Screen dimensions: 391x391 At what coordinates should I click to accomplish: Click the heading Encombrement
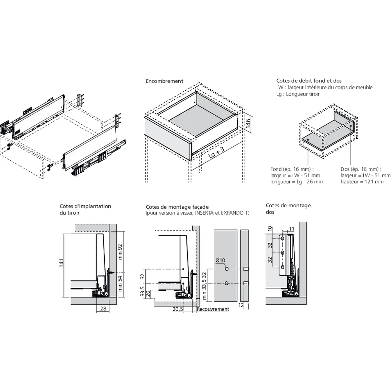click(x=164, y=81)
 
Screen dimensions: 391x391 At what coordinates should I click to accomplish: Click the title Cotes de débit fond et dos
click(x=303, y=81)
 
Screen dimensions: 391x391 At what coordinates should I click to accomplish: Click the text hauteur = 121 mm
click(x=362, y=182)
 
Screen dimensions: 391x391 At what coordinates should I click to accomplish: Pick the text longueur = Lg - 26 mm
click(x=296, y=182)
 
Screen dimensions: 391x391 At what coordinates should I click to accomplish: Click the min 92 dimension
click(x=120, y=252)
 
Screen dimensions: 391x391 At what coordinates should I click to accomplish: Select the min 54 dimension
click(x=120, y=283)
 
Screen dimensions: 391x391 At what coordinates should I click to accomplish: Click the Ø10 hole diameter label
click(x=220, y=261)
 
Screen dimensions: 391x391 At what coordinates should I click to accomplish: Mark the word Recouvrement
click(x=213, y=309)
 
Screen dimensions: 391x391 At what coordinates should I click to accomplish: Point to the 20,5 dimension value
click(x=178, y=309)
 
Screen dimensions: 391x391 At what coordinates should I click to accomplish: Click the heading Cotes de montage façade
click(x=177, y=207)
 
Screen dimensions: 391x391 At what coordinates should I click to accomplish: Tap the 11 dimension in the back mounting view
click(x=291, y=228)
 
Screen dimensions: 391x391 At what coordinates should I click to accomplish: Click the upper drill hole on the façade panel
click(x=226, y=269)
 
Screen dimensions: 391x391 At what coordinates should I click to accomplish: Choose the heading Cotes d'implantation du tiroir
click(x=85, y=209)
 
